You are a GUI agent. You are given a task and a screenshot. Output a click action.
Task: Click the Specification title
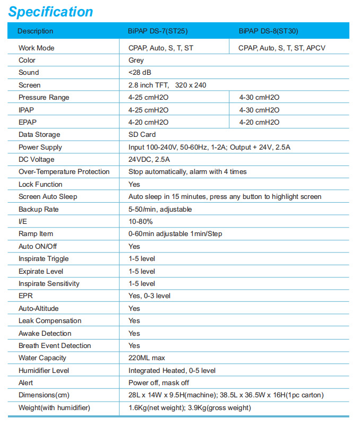pos(51,12)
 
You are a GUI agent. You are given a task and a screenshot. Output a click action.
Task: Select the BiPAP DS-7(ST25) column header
pos(157,31)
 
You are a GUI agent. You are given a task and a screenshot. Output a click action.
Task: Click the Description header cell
pos(36,31)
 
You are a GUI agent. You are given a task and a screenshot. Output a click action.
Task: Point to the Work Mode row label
pos(36,48)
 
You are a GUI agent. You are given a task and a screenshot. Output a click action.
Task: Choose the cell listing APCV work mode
pos(281,48)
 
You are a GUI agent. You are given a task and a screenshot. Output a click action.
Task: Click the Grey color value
pos(136,60)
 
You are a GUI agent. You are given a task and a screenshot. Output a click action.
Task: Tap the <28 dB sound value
pos(139,73)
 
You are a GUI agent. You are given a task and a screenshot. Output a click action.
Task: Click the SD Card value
pos(142,135)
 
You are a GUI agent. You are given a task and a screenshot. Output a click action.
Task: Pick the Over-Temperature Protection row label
pos(64,172)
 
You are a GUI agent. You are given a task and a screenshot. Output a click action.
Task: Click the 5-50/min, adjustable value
pos(160,209)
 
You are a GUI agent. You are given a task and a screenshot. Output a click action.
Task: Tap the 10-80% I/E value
pos(140,221)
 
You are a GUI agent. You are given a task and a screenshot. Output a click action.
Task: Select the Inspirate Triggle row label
pos(44,259)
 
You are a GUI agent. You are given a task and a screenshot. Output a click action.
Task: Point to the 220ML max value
pos(147,358)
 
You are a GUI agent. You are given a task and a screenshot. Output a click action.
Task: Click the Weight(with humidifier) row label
pos(54,407)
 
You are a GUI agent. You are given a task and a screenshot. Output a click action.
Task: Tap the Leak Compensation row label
pos(50,321)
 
